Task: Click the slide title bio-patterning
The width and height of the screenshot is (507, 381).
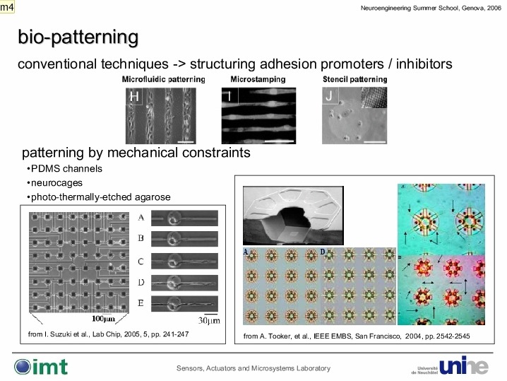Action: (x=78, y=37)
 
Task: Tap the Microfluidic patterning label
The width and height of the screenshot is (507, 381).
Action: (x=164, y=79)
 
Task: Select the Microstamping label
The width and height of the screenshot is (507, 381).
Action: (x=258, y=79)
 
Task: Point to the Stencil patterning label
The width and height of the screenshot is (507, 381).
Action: (x=354, y=79)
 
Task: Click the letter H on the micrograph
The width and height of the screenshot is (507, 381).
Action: (x=134, y=96)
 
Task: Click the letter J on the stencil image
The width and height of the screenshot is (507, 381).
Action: (x=329, y=96)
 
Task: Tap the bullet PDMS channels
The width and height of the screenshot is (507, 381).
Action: (x=65, y=169)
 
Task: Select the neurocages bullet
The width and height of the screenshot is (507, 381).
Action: (x=54, y=183)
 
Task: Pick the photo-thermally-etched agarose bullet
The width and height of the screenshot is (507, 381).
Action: (x=99, y=197)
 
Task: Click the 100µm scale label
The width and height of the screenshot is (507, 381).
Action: (x=103, y=319)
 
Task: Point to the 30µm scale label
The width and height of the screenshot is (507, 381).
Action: (x=209, y=320)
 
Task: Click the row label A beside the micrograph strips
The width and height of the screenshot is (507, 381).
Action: (x=141, y=218)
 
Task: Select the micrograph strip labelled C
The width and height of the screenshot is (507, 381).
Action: (x=184, y=261)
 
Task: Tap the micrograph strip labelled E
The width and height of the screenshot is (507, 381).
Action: (x=184, y=304)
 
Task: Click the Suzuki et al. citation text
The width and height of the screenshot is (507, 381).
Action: (x=108, y=334)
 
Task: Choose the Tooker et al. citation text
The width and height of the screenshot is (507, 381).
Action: (x=357, y=336)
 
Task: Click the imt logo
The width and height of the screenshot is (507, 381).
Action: (x=41, y=367)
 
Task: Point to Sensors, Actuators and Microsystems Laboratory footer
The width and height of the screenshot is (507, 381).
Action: (x=253, y=368)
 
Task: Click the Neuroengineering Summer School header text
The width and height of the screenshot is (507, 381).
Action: (x=431, y=8)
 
